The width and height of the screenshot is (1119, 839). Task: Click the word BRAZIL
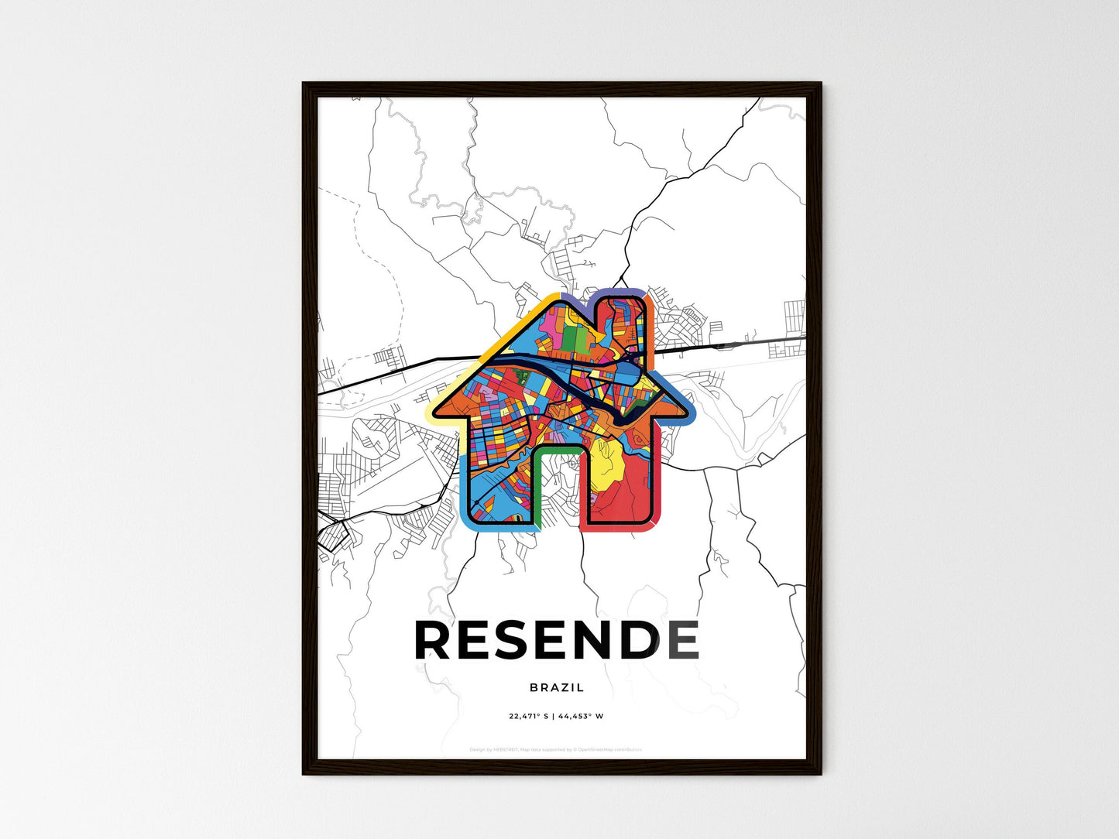click(557, 687)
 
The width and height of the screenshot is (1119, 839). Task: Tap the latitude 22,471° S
click(528, 716)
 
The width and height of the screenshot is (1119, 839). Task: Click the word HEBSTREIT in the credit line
click(505, 749)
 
